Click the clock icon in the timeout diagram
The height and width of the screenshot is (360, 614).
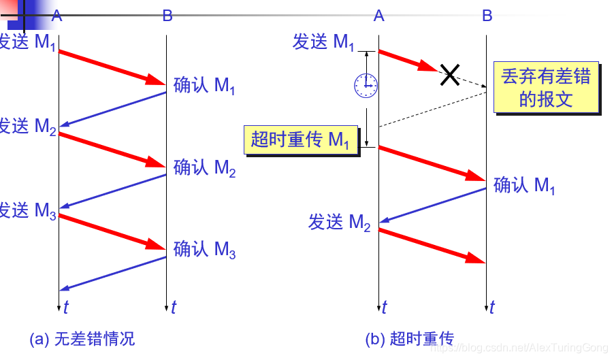click(366, 84)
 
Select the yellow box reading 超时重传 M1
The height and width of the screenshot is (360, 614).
click(300, 141)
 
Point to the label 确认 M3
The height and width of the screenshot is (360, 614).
click(205, 250)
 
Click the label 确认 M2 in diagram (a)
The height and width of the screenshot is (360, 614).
click(205, 168)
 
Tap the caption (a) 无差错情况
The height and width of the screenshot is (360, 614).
click(82, 338)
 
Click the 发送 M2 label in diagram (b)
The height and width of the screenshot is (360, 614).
click(340, 223)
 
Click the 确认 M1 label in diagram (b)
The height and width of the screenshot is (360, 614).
click(524, 186)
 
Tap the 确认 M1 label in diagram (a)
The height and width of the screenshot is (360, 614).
click(205, 86)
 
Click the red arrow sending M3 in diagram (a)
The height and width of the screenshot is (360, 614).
click(112, 232)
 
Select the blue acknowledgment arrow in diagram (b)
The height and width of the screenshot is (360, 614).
click(432, 205)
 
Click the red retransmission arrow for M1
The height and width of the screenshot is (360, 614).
click(432, 163)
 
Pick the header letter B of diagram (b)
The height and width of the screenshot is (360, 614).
click(487, 16)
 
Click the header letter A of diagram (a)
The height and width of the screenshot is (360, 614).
click(56, 16)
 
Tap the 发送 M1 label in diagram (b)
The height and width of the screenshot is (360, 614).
click(324, 43)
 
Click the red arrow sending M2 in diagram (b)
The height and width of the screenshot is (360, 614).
click(432, 245)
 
